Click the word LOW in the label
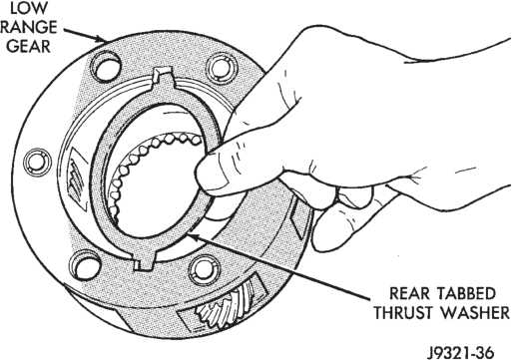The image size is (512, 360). point(29,8)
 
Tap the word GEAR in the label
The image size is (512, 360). point(29,46)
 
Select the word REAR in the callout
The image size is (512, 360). point(409,293)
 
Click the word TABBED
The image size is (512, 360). point(467,293)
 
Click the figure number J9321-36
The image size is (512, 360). point(460,352)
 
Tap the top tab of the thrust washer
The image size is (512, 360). point(163,77)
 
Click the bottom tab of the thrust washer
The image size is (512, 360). point(144,261)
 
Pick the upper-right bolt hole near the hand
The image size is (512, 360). point(223,69)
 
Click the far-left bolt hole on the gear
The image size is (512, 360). point(38,162)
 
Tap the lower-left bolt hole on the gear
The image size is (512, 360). point(86,265)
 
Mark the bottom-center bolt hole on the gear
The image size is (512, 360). point(205,270)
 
